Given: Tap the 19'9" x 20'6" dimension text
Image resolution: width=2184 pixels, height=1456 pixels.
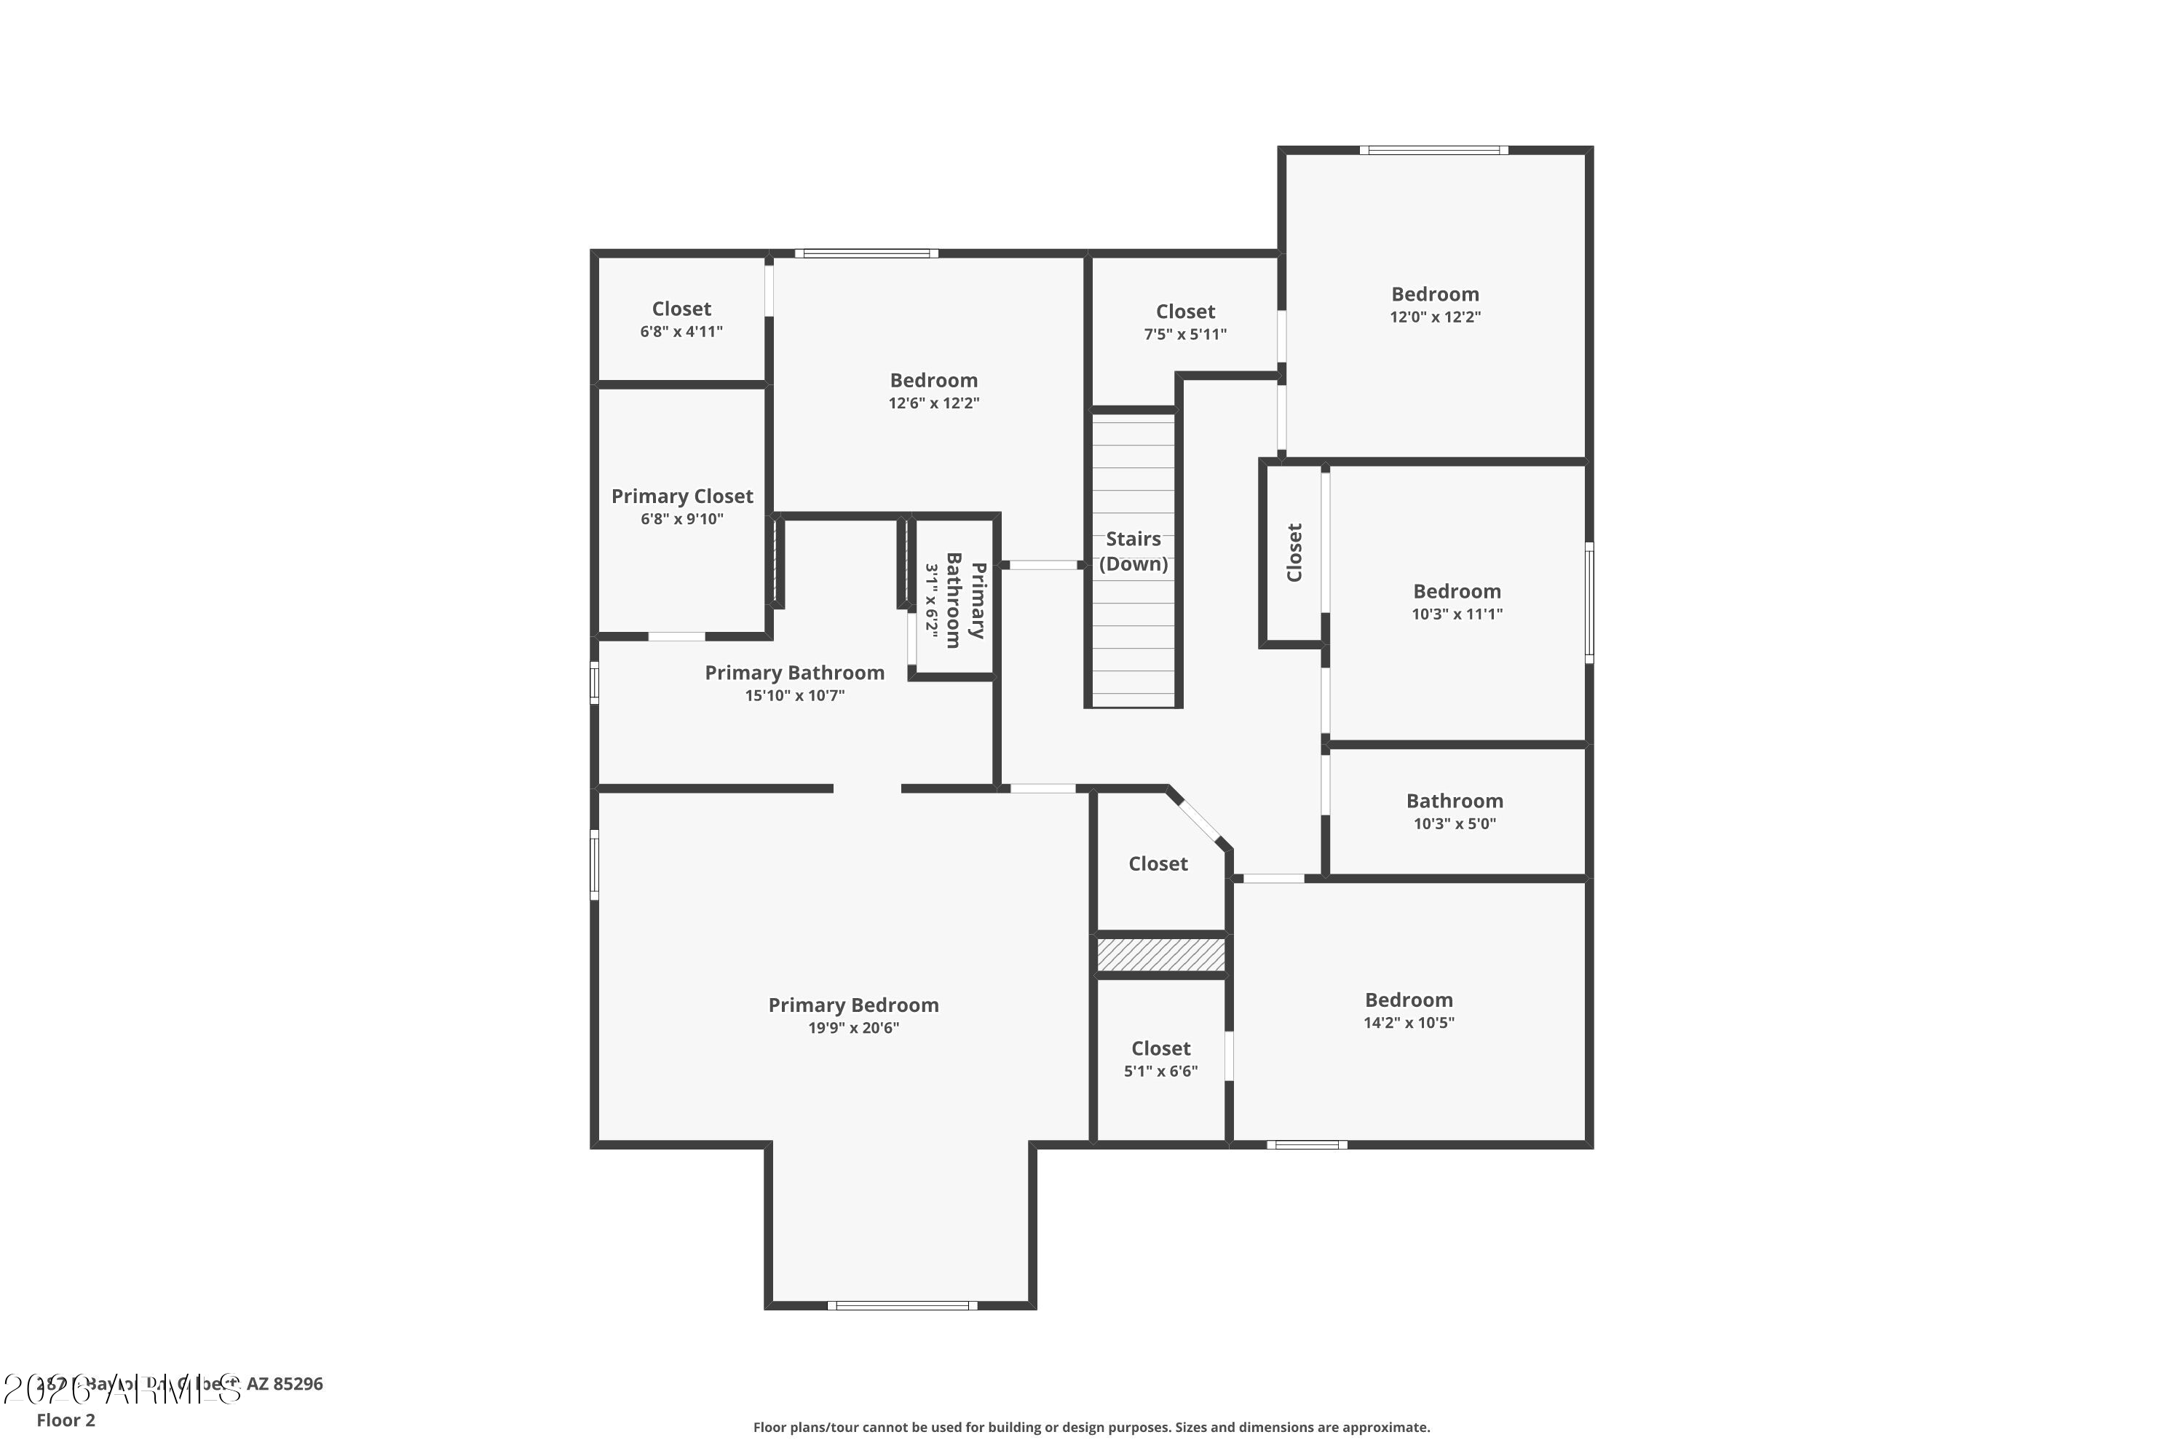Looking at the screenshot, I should pos(853,1028).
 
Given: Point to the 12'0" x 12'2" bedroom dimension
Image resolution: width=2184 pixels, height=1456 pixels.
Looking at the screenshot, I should pos(1435,317).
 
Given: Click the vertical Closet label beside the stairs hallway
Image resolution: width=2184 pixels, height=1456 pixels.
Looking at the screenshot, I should pos(1294,553).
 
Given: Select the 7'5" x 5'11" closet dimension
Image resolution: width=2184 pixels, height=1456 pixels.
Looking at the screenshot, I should pos(1185,334).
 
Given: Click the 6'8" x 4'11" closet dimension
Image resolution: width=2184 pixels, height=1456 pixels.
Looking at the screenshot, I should pos(681,331).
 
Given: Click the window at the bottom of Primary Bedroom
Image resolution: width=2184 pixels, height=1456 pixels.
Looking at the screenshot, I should pos(902,1305).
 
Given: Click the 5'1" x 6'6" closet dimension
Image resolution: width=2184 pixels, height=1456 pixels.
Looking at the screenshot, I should pos(1160,1072).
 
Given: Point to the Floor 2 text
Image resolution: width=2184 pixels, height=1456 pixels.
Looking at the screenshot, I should pos(66,1420).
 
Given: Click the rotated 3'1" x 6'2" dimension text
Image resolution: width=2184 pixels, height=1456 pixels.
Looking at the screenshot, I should pos(931,599).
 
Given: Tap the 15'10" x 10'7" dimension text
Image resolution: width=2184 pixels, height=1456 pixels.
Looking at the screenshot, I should pos(794,695).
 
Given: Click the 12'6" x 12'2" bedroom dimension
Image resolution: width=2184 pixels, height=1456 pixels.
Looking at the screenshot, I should pos(933,403).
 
